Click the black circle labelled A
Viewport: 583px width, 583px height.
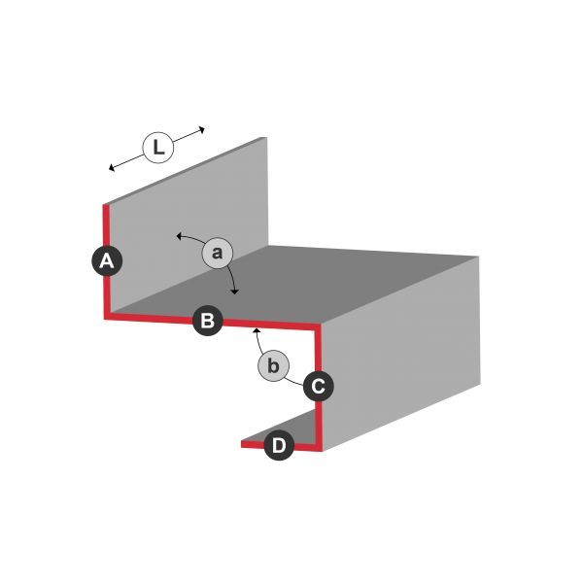tap(107, 260)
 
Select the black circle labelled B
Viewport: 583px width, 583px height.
tap(208, 321)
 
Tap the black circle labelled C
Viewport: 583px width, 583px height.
tap(319, 387)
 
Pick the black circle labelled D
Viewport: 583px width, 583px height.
tap(279, 445)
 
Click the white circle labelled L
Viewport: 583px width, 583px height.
tap(158, 148)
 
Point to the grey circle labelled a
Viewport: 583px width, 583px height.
tap(218, 253)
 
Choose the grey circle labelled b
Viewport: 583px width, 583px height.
tap(273, 365)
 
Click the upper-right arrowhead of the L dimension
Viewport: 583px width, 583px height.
tap(203, 129)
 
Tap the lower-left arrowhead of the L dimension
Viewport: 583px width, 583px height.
tap(111, 168)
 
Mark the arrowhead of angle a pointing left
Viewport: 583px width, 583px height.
tap(178, 236)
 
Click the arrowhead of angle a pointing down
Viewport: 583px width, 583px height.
tap(234, 292)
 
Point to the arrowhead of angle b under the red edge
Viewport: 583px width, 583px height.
tap(257, 330)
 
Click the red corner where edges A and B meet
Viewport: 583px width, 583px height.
tap(106, 317)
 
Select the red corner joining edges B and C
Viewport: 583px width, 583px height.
tap(317, 327)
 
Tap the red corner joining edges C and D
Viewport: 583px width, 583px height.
tap(319, 447)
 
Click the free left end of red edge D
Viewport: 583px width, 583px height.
tap(242, 444)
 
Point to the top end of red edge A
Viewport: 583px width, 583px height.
tap(106, 205)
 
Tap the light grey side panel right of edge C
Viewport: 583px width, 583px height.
tap(399, 354)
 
